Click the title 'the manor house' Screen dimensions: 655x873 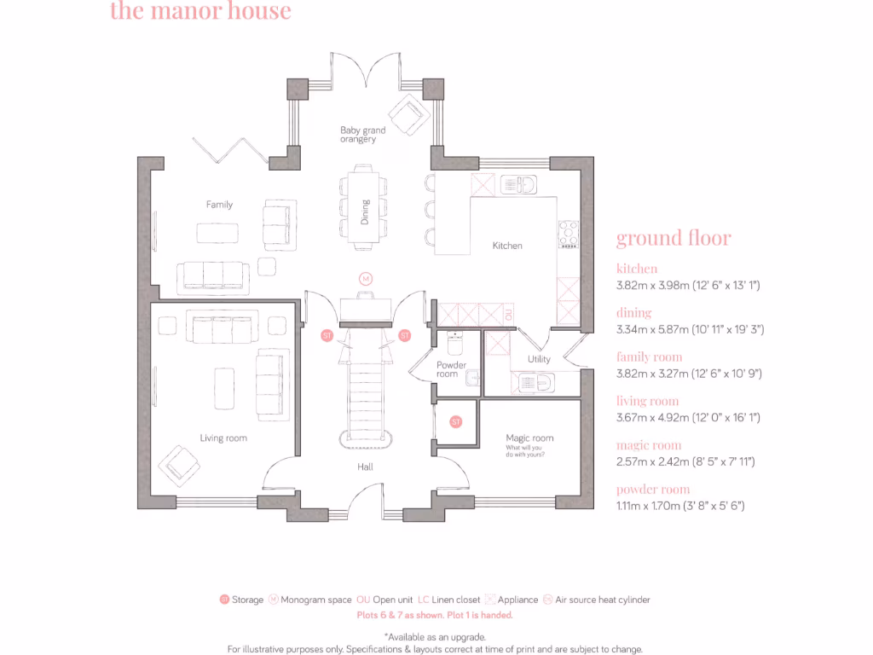200,12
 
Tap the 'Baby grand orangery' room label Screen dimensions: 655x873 362,135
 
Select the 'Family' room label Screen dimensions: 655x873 219,205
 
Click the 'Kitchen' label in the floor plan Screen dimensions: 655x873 507,246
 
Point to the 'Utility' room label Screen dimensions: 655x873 539,359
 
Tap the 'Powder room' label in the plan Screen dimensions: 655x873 451,369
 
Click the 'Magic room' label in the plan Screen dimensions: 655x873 529,438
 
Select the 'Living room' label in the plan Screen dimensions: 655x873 223,438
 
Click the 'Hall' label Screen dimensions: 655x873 365,467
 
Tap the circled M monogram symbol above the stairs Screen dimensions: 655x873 365,279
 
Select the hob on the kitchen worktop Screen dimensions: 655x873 568,235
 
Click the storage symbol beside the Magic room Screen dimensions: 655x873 456,421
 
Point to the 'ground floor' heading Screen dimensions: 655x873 674,238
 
